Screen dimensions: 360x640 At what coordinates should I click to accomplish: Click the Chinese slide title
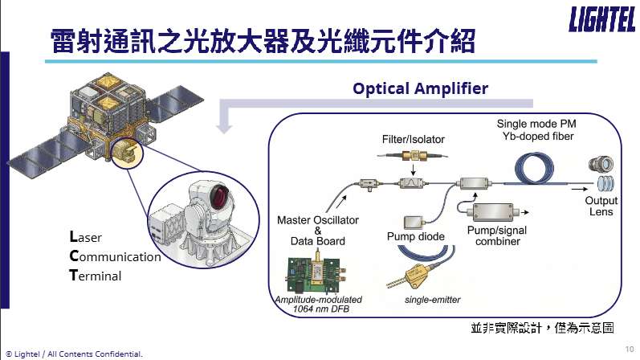(x=261, y=40)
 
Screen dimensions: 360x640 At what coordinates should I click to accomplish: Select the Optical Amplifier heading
(x=420, y=88)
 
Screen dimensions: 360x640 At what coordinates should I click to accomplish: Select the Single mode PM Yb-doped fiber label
(x=536, y=130)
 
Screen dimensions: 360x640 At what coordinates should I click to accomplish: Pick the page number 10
(x=628, y=349)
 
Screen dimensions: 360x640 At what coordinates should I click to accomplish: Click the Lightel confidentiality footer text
(x=74, y=353)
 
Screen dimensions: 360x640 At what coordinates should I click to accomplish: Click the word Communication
(x=116, y=257)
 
